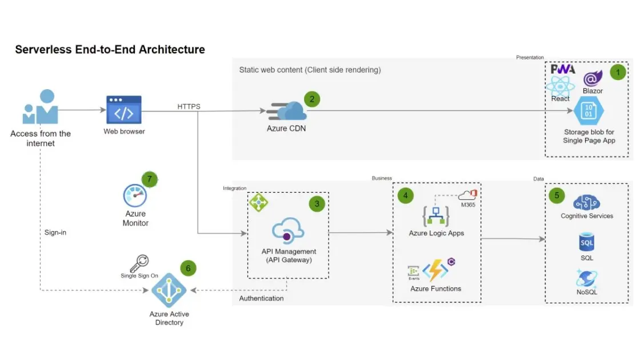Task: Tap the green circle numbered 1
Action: click(x=617, y=72)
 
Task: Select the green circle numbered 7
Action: click(x=149, y=179)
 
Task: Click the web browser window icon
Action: click(x=124, y=110)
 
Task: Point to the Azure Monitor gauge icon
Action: click(x=135, y=196)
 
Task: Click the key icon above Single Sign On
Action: click(x=139, y=263)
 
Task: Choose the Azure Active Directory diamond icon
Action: click(x=169, y=291)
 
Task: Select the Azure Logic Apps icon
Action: click(x=436, y=216)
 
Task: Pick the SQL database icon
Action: click(x=587, y=242)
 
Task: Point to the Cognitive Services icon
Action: click(x=586, y=202)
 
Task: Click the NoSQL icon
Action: click(x=587, y=278)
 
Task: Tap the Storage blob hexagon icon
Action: click(x=589, y=111)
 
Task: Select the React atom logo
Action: click(x=560, y=86)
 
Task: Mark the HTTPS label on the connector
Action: click(x=189, y=106)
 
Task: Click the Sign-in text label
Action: click(x=55, y=233)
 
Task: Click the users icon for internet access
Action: click(x=40, y=108)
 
